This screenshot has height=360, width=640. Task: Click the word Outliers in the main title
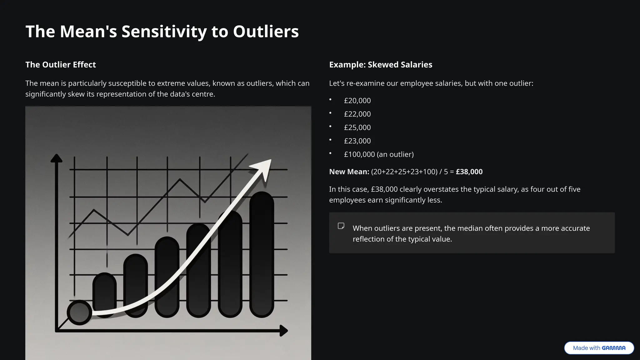[x=266, y=32]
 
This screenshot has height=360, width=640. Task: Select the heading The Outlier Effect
[x=61, y=65]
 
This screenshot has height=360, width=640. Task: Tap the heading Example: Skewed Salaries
[x=381, y=65]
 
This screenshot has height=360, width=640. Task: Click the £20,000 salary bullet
[x=357, y=101]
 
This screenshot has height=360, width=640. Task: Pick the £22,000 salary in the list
[x=357, y=114]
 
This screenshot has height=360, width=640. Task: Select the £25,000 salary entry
[x=357, y=127]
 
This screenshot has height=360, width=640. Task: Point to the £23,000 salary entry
[x=357, y=141]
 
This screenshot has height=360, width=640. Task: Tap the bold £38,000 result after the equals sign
[x=469, y=172]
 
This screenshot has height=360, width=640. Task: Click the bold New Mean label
[x=349, y=172]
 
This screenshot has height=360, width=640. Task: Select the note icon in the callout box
[x=341, y=226]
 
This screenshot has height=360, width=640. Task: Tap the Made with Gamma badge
[x=599, y=348]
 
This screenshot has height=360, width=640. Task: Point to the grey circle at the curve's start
[x=79, y=312]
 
